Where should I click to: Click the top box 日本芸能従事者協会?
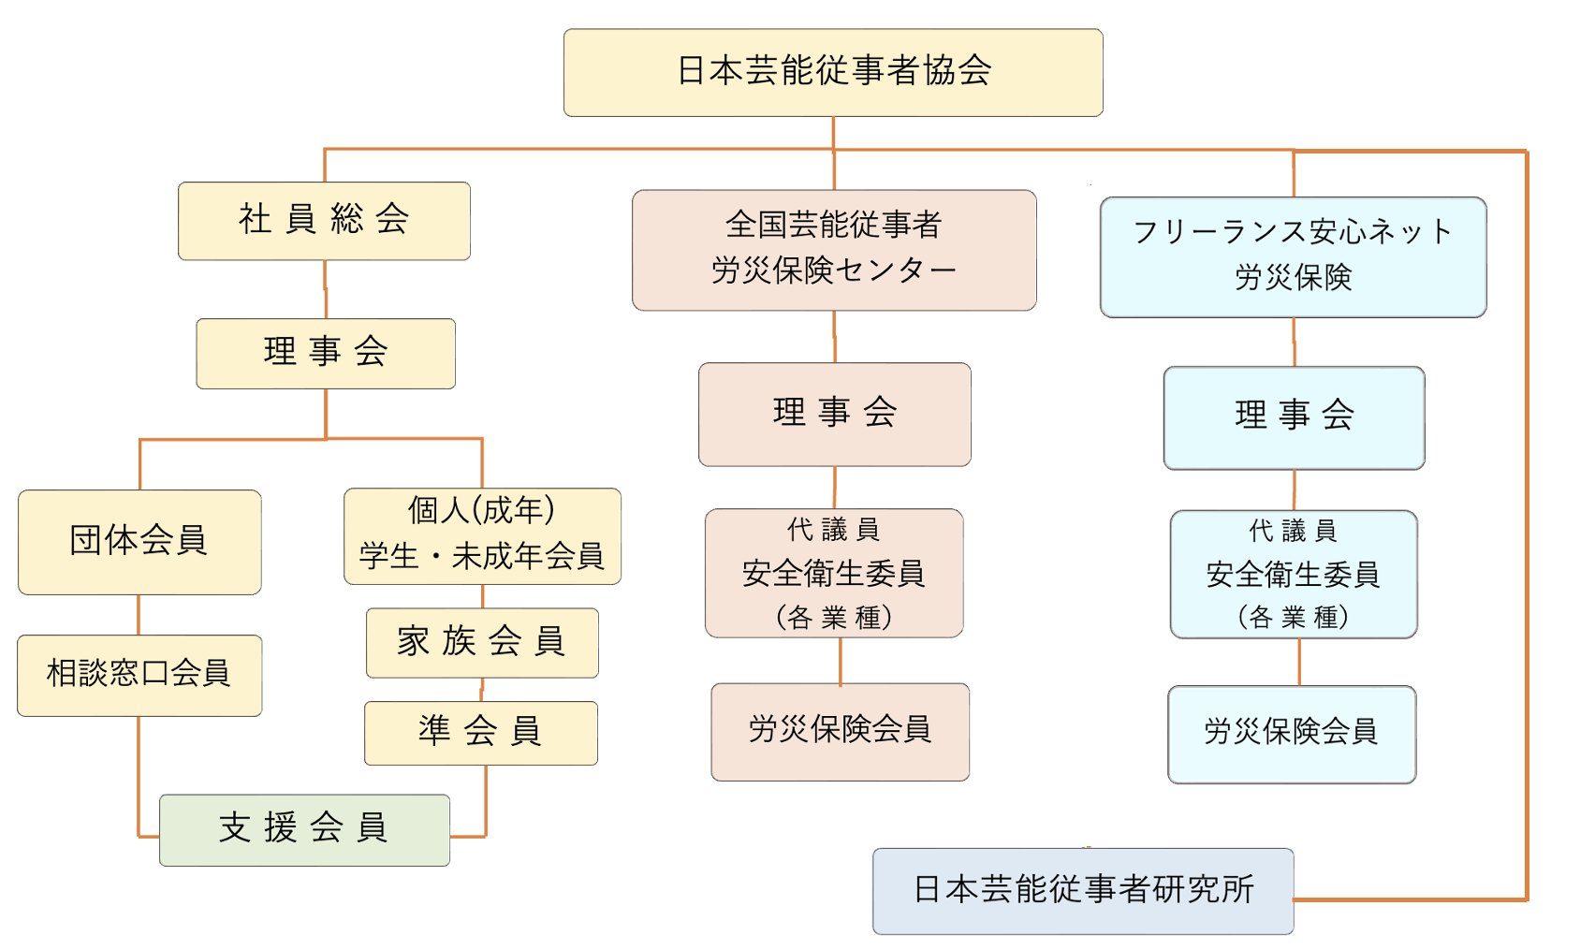click(x=833, y=72)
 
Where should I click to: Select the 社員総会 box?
click(x=324, y=221)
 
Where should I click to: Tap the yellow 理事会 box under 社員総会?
click(x=326, y=353)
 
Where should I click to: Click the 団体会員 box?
click(x=139, y=541)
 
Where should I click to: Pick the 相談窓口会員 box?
click(x=139, y=675)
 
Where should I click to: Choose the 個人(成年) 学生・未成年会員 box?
click(x=482, y=535)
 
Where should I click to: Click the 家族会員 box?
click(x=482, y=642)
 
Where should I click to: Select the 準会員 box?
click(x=481, y=732)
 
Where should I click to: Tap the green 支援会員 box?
click(x=304, y=829)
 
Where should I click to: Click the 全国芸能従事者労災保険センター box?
click(x=834, y=250)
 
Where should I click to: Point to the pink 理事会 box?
click(x=834, y=414)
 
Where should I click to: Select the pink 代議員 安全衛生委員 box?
click(x=834, y=573)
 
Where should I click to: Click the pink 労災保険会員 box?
click(x=840, y=731)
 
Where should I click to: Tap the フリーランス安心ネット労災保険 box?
click(x=1293, y=256)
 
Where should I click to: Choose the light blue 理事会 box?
click(x=1294, y=417)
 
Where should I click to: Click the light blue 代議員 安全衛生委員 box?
click(x=1294, y=574)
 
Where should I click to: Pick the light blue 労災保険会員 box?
click(x=1292, y=734)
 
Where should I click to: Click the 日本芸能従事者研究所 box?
click(x=1083, y=890)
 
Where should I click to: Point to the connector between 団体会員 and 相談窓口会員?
click(x=139, y=614)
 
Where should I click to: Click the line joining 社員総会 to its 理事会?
click(x=325, y=288)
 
